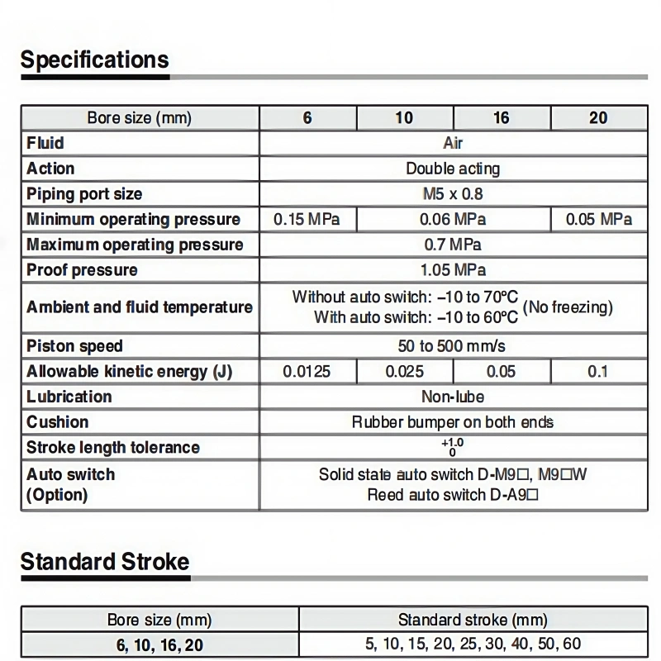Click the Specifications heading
point(94,59)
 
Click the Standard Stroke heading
point(105,562)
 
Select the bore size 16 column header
point(502,117)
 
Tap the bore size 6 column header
point(307,117)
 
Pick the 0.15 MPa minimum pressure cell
point(307,219)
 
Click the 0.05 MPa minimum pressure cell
point(598,219)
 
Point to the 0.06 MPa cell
point(452,219)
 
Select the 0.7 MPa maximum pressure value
point(452,245)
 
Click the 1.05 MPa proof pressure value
point(452,270)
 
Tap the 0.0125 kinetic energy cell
point(307,371)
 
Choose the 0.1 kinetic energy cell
point(598,371)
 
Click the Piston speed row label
point(74,346)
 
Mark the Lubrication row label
point(69,397)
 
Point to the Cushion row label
point(57,422)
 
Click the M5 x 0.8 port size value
point(452,194)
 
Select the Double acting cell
point(452,169)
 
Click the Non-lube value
point(452,397)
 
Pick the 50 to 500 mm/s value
point(452,346)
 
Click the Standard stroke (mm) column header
point(473,620)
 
